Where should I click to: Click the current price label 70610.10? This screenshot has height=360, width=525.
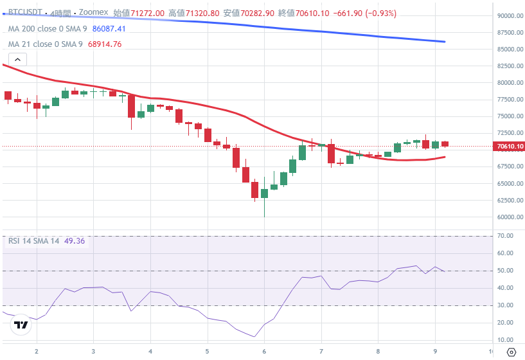pos(510,147)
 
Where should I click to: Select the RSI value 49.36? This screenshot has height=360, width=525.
pos(75,241)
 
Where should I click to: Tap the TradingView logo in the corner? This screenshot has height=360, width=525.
pos(21,325)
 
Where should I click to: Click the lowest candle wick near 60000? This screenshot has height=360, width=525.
pos(264,215)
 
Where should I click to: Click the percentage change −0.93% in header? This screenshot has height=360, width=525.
pos(382,13)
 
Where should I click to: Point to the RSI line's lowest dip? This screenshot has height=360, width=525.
pos(255,336)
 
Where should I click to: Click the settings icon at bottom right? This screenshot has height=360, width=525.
pos(512,352)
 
